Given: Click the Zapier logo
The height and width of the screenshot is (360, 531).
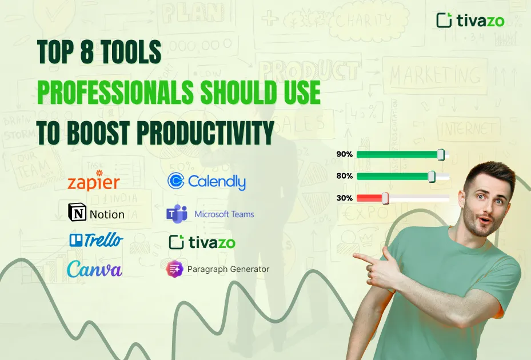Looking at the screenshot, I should [93, 181].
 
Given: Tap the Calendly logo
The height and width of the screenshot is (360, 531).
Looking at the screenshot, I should [206, 181].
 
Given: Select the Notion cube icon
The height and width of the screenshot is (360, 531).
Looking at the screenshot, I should [77, 213].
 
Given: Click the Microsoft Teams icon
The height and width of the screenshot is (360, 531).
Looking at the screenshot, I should [177, 214].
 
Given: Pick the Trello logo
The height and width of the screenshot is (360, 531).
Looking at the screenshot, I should [95, 240].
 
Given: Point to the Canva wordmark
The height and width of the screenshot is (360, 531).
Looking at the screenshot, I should [94, 269].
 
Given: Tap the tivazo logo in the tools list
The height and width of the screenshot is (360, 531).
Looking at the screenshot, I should [202, 242].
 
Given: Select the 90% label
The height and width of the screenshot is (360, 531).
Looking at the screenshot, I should [345, 154].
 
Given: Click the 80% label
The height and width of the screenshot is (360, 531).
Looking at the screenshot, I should [345, 177].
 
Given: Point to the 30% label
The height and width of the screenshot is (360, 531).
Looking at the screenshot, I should [345, 198].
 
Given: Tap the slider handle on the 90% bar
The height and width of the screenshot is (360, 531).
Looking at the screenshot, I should [440, 154].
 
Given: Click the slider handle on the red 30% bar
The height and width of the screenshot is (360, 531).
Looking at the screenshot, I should [385, 198].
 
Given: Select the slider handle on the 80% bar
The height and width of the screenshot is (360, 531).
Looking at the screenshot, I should [432, 177].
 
